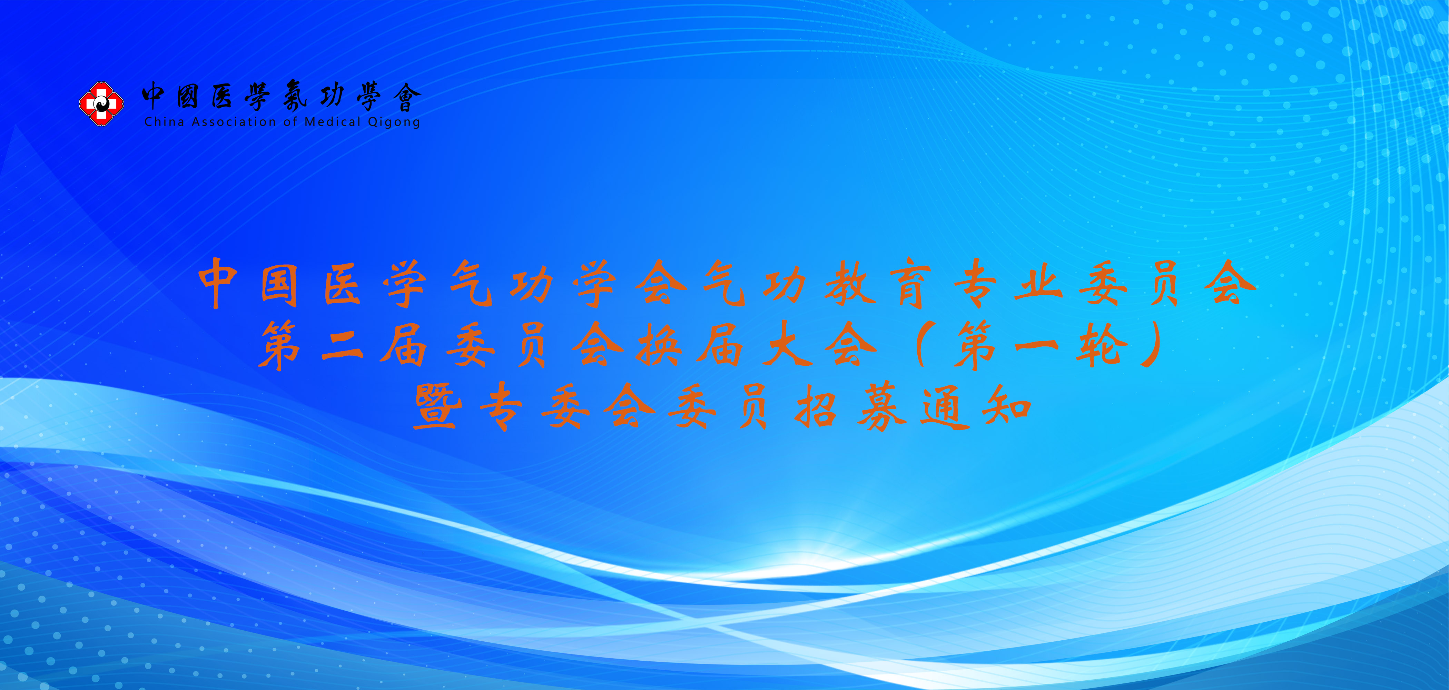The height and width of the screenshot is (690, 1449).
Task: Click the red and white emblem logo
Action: (x=101, y=103)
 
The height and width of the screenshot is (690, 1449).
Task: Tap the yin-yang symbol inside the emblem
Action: (x=101, y=103)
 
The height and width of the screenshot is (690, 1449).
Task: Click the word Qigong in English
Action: (x=394, y=122)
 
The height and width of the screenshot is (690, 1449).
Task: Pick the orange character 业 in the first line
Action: (x=1038, y=283)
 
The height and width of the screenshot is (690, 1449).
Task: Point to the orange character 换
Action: (x=659, y=346)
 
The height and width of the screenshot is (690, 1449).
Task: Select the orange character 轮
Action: (x=1101, y=346)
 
